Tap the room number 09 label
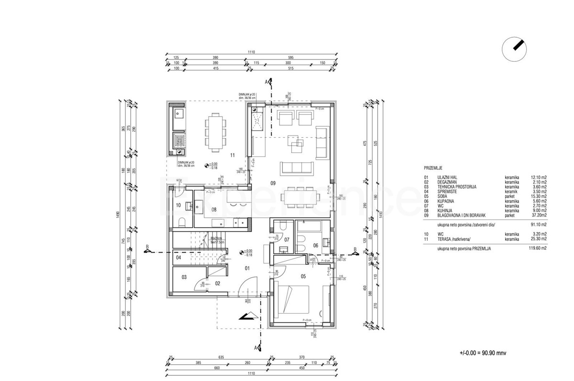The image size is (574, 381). [273, 183]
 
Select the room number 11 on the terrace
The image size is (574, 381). [232, 155]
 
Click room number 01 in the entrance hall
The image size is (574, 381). [247, 268]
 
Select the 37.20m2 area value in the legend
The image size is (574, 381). [537, 215]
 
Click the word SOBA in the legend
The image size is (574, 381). [442, 196]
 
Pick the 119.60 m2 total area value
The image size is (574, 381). [537, 249]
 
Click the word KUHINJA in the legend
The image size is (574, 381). [445, 210]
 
